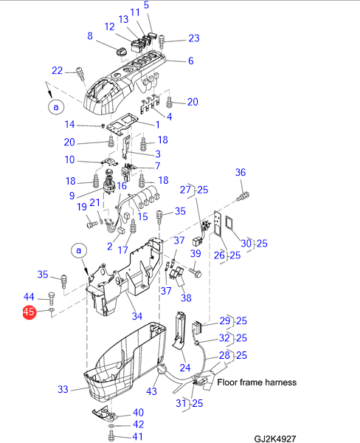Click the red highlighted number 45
(x=30, y=312)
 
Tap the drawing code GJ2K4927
(x=274, y=439)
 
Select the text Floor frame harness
(x=257, y=382)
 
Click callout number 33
(x=63, y=389)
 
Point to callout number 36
(x=240, y=172)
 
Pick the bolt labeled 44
(x=52, y=298)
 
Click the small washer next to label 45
(x=52, y=310)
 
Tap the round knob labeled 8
(x=122, y=52)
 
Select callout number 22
(x=57, y=70)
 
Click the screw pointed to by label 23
(x=162, y=41)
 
